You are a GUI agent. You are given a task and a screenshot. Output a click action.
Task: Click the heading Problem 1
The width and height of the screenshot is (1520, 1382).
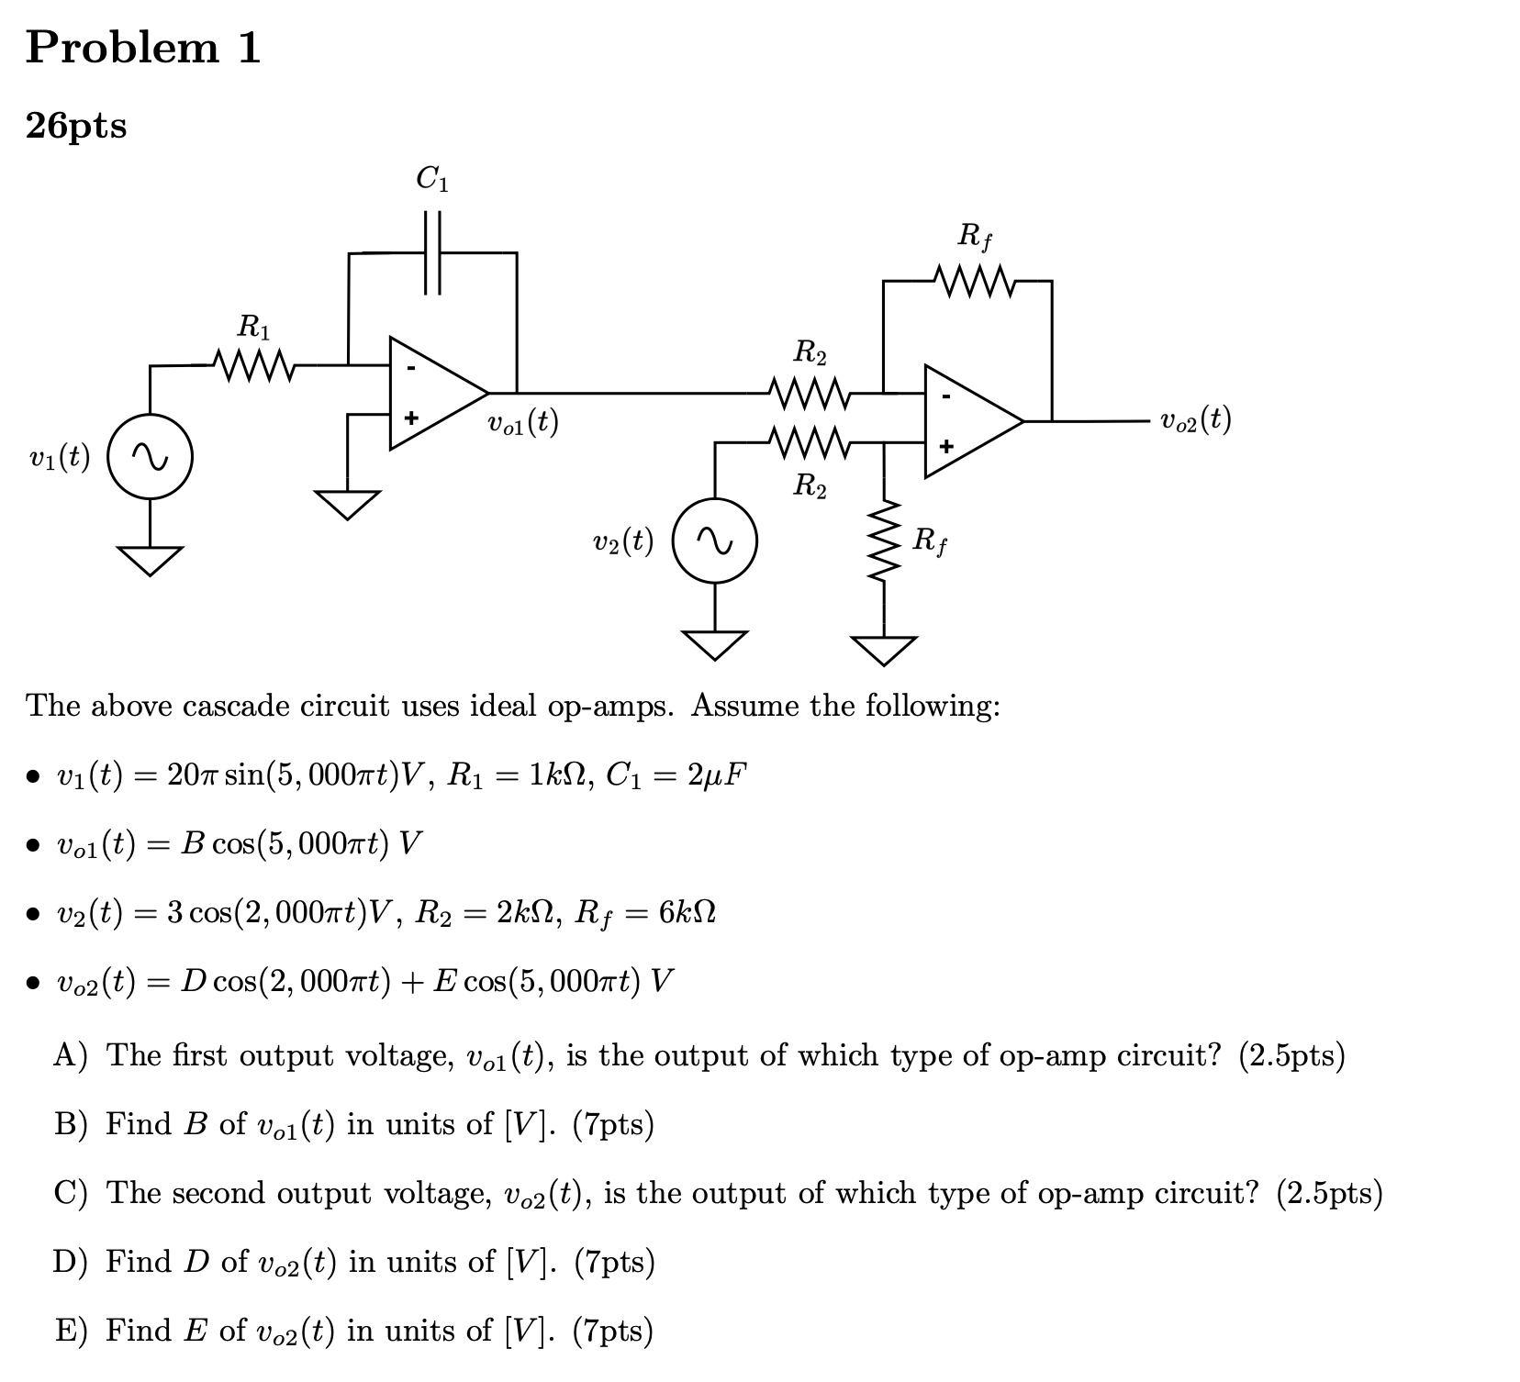pos(143,48)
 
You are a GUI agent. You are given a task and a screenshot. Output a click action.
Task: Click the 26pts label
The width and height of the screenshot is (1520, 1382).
pos(77,127)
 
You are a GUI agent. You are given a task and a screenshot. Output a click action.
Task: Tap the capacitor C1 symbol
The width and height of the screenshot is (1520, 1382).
pos(432,252)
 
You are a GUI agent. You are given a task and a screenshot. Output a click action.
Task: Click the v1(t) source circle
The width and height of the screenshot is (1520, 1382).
pos(151,456)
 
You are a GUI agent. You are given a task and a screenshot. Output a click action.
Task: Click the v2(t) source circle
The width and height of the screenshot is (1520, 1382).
pos(715,541)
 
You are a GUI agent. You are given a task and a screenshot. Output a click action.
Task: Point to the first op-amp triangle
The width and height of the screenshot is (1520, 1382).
pos(431,393)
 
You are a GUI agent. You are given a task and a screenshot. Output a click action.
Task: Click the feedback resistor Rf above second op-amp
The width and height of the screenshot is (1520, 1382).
pos(974,281)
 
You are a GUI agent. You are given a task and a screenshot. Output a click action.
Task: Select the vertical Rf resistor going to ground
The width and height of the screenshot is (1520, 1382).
pos(884,541)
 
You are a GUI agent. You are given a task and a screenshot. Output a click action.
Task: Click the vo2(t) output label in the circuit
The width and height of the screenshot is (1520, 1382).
pos(1195,420)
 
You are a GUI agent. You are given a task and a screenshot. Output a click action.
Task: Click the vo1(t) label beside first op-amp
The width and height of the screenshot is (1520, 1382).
pos(522,422)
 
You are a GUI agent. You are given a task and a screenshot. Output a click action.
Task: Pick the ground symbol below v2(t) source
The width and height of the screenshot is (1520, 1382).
pos(715,643)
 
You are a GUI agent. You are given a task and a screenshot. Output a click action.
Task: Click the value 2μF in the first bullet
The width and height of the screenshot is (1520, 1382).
pos(717,776)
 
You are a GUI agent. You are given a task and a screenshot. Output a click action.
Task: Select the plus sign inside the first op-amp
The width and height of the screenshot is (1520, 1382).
pos(411,418)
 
